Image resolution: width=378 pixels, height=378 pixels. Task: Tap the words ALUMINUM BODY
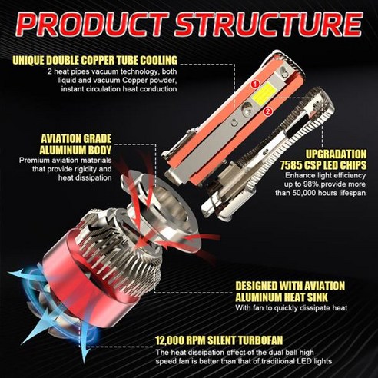click(x=76, y=150)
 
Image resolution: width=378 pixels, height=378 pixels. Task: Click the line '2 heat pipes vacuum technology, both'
click(x=112, y=71)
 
